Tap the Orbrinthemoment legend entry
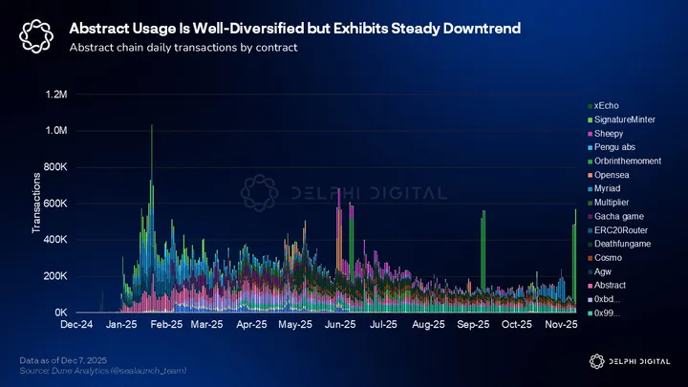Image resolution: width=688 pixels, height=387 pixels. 627,161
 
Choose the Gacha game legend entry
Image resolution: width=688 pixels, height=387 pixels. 618,217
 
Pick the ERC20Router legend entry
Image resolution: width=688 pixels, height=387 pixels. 619,230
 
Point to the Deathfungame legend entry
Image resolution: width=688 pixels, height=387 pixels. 624,245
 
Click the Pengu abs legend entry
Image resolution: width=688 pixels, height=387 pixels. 613,146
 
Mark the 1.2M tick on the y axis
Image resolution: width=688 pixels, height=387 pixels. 54,95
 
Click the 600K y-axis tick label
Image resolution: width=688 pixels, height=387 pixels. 54,204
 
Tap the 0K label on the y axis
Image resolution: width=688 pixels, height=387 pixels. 60,312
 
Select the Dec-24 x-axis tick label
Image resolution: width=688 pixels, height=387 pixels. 76,326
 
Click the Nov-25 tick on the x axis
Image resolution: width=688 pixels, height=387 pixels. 563,326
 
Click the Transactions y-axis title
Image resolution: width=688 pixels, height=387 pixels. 36,204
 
